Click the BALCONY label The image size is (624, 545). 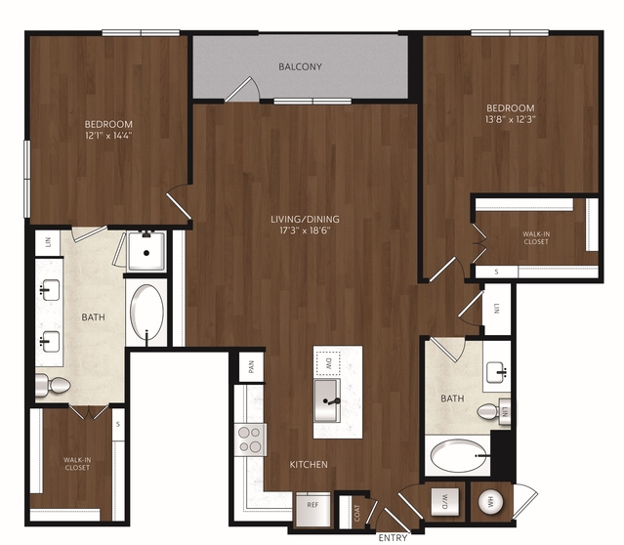click(x=300, y=66)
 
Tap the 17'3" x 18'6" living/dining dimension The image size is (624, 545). click(x=305, y=231)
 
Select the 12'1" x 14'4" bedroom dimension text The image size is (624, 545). click(x=108, y=136)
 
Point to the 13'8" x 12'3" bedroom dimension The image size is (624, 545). click(x=511, y=119)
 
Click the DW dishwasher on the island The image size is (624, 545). click(x=328, y=363)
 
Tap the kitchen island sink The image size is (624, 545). click(x=327, y=400)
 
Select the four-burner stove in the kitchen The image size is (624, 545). click(x=250, y=440)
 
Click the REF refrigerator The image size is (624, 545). click(x=313, y=509)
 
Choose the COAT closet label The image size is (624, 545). click(x=357, y=513)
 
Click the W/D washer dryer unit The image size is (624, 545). click(x=445, y=501)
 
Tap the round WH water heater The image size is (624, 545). click(x=490, y=502)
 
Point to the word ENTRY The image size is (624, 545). click(x=393, y=538)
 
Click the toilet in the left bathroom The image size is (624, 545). click(x=53, y=386)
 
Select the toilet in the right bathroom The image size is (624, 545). click(x=493, y=412)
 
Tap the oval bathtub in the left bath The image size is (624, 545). click(x=146, y=313)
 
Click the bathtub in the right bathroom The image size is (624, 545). click(x=459, y=455)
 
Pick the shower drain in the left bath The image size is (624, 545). click(x=146, y=253)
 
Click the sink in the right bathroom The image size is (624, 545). click(x=496, y=372)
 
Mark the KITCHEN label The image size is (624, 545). click(x=309, y=464)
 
